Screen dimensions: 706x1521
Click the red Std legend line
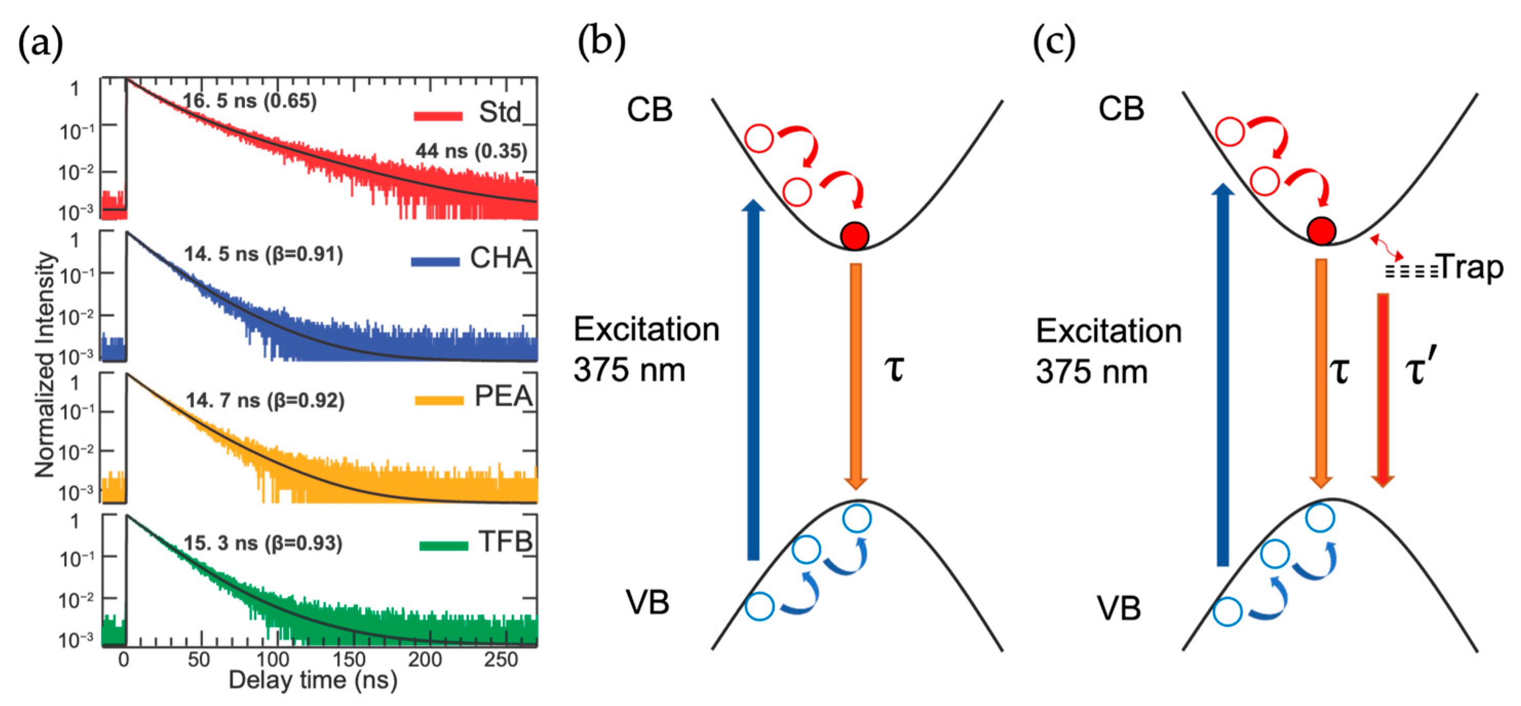click(x=437, y=116)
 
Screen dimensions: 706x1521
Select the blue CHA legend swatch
click(x=435, y=262)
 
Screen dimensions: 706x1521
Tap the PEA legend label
click(x=504, y=396)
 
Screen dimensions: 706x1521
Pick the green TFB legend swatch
click(x=444, y=545)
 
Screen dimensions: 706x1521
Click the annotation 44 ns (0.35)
click(x=471, y=151)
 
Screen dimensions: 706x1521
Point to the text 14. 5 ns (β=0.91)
click(x=263, y=255)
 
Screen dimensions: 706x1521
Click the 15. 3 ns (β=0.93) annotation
click(x=263, y=543)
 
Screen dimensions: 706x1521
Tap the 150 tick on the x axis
click(x=350, y=659)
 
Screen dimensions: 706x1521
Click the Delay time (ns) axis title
click(x=313, y=681)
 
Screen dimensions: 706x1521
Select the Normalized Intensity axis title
click(x=45, y=365)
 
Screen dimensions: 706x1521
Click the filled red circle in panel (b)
click(x=854, y=236)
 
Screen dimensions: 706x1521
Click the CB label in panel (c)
click(x=1121, y=109)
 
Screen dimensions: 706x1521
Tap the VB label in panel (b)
click(x=648, y=603)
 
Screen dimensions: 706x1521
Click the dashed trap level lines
click(x=1412, y=272)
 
